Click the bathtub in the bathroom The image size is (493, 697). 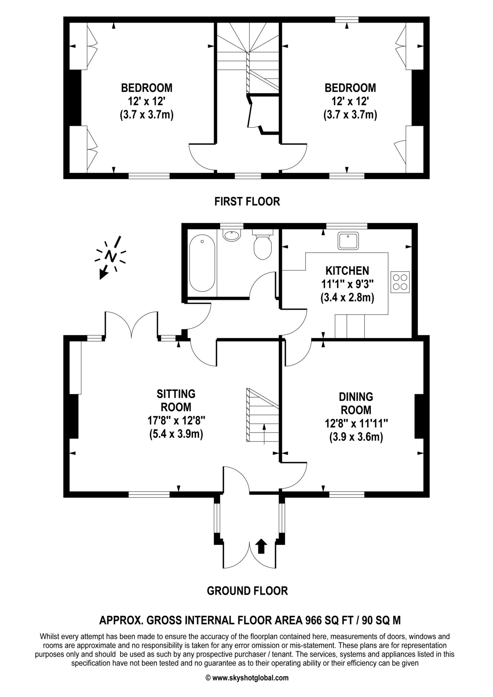[202, 264]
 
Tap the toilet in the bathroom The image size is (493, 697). [263, 245]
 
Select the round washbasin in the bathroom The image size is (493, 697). [232, 235]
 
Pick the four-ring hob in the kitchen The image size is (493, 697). [400, 282]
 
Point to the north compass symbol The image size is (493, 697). [111, 256]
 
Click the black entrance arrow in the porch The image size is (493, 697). [261, 546]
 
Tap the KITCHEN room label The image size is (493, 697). [347, 271]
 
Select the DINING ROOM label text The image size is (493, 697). [356, 403]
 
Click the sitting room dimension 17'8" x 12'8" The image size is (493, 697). [176, 421]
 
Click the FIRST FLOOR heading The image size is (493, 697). [247, 201]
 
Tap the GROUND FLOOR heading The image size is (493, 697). [247, 590]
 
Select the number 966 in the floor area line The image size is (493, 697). [313, 620]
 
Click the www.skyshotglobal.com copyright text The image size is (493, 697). [250, 678]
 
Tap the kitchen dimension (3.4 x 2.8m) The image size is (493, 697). [347, 298]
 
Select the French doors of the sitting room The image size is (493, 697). [131, 325]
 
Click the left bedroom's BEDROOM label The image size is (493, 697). [147, 88]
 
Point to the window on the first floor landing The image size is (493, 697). [248, 176]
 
